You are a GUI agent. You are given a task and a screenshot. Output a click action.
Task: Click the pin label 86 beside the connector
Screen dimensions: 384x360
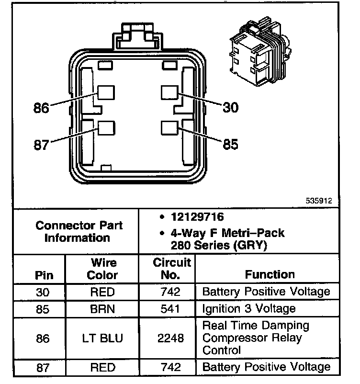(x=42, y=108)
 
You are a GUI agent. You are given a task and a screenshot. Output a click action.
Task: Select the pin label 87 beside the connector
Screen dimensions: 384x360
(x=42, y=145)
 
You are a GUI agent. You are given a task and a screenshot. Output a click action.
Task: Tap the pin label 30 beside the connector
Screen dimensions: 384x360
(x=231, y=107)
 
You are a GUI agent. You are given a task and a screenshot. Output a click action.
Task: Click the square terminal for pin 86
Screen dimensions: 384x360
(x=106, y=93)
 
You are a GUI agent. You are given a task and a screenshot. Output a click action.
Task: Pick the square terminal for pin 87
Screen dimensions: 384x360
(x=106, y=128)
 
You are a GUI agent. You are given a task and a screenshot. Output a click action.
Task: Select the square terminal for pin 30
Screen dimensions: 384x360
(x=169, y=92)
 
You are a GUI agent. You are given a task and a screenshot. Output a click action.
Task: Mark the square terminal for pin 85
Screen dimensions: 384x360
(x=170, y=128)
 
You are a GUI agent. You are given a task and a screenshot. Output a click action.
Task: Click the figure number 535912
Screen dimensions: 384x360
(x=319, y=201)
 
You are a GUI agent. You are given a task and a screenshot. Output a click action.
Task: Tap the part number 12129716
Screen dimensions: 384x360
(x=197, y=217)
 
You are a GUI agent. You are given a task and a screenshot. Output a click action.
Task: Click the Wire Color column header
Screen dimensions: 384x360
(x=103, y=269)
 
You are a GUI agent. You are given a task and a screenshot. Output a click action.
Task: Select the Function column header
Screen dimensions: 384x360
(x=270, y=274)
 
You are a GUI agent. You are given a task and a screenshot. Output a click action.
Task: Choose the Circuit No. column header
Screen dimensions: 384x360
(x=172, y=269)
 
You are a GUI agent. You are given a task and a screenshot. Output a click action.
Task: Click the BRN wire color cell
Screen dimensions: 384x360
(x=102, y=308)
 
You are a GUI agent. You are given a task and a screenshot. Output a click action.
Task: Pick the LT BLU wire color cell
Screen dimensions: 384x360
(x=102, y=338)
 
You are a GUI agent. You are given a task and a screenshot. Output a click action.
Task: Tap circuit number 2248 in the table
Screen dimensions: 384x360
(x=171, y=338)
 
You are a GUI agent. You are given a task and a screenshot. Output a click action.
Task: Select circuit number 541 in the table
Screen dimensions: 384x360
(x=171, y=308)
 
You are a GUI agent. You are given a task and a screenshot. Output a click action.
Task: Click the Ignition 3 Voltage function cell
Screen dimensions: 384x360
(x=249, y=308)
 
